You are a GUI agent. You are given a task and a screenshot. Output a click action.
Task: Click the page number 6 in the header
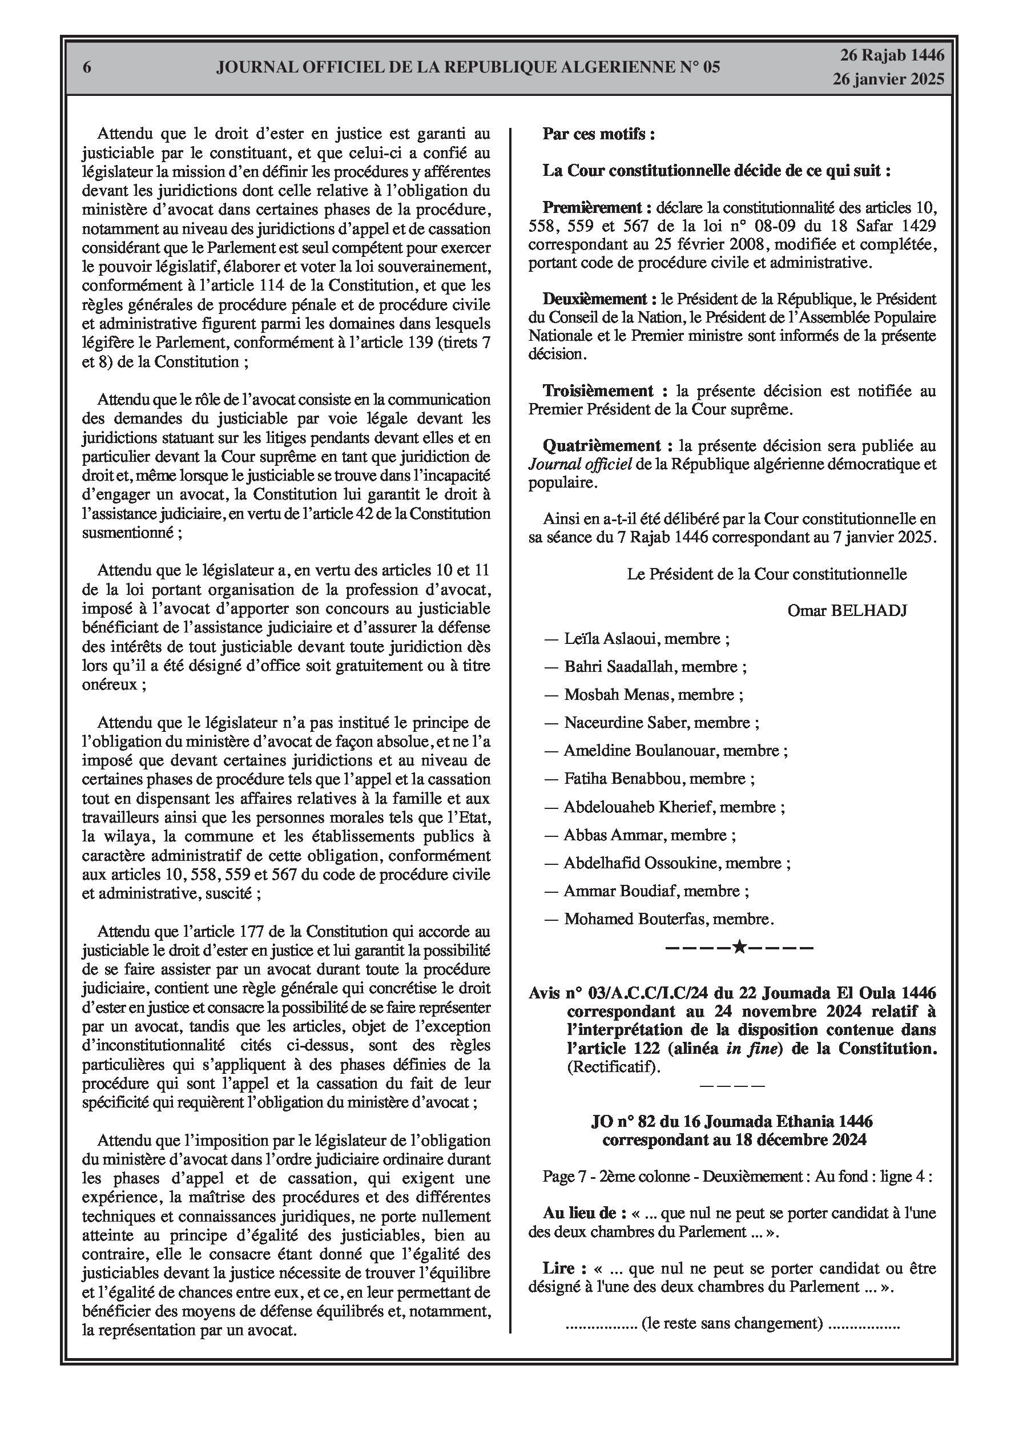point(87,67)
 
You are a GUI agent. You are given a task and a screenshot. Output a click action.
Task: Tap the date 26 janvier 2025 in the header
point(888,79)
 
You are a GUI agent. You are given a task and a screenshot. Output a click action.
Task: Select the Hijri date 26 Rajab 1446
point(892,55)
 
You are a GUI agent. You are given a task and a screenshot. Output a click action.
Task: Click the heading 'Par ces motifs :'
point(599,134)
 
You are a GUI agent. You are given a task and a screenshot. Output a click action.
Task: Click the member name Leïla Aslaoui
point(602,639)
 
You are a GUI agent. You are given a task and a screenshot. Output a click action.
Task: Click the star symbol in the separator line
point(739,946)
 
